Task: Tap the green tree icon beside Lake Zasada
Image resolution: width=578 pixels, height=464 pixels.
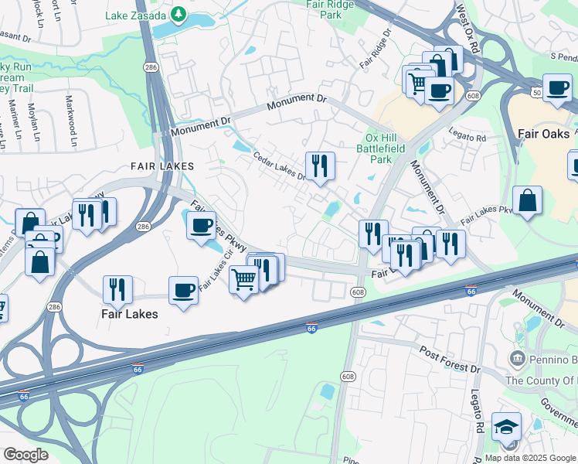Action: (178, 13)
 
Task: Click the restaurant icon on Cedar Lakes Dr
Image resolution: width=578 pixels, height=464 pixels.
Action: (319, 165)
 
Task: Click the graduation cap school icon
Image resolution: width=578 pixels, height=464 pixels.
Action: (506, 426)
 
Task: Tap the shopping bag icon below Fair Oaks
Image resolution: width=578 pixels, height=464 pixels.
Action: (527, 201)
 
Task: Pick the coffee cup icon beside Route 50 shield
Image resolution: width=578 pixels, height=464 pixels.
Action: (557, 88)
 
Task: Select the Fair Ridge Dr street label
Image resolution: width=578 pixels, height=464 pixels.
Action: (376, 51)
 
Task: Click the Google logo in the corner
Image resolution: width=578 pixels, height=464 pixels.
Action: (25, 454)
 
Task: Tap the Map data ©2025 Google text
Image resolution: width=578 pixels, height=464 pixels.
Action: (529, 458)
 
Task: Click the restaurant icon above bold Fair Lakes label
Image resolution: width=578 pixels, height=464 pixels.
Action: (117, 288)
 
